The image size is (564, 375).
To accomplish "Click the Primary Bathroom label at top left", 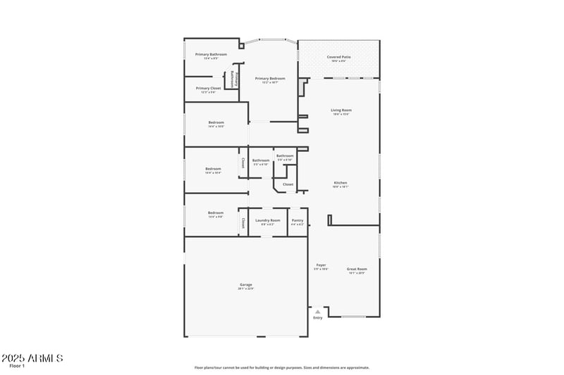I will point(201,54).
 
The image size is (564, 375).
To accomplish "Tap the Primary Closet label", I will point(209,88).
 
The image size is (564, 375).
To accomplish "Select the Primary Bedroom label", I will point(270,79).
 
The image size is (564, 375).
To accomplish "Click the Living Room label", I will point(341,110).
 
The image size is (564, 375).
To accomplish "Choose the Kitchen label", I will point(341,183).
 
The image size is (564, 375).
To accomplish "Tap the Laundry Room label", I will point(267,220).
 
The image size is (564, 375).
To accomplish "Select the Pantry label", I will point(298,220).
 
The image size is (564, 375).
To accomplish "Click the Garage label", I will point(245,284).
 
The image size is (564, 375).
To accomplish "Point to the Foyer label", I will point(321,265).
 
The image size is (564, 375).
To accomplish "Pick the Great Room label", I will point(357,269).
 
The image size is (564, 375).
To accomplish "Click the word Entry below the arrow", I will point(317,318).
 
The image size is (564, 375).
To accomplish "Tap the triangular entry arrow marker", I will point(317,311).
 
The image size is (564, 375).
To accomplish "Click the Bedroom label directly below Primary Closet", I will point(216,122).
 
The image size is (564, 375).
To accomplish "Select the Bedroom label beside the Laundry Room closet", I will point(215,212).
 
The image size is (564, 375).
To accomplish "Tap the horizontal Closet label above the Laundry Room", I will point(288,184).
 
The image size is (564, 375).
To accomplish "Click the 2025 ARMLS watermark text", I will point(32,358).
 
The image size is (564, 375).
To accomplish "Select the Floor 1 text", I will point(17,366).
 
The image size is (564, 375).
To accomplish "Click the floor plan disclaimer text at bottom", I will point(281,367).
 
